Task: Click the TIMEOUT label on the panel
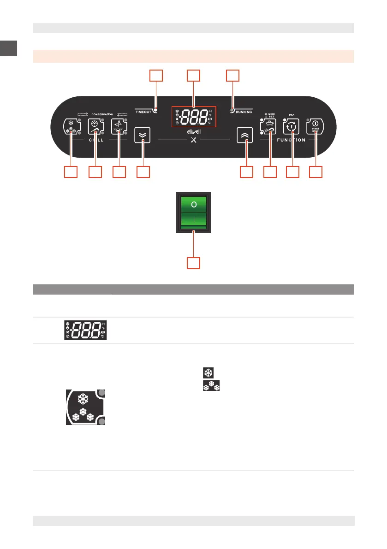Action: tap(144, 112)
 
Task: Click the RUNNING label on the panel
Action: tap(244, 112)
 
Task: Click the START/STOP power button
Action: tap(316, 127)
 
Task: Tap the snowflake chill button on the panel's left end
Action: tap(71, 127)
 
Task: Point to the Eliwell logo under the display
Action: tap(194, 132)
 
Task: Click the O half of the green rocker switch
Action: tap(194, 204)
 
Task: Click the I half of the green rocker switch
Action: tap(194, 220)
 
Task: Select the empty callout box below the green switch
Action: tap(194, 263)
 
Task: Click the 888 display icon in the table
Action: tap(83, 330)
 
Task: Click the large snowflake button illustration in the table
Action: tap(84, 407)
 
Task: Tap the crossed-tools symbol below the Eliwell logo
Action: tap(194, 140)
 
